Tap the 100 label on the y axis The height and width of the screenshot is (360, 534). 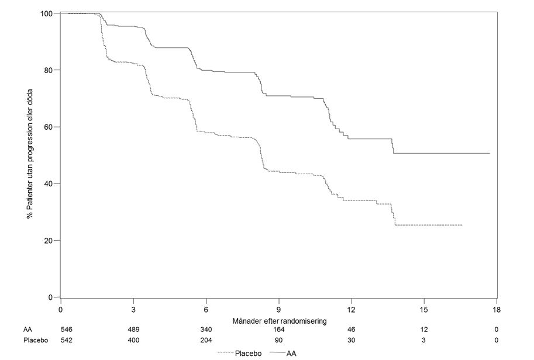click(x=46, y=13)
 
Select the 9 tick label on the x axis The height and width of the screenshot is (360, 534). click(x=279, y=310)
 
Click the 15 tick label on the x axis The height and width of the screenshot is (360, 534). click(x=424, y=310)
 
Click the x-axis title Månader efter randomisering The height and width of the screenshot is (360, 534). click(x=279, y=321)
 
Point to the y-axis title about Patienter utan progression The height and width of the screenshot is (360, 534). click(x=30, y=154)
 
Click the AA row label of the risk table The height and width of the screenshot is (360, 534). click(x=27, y=330)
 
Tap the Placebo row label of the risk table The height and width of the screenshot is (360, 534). click(x=36, y=340)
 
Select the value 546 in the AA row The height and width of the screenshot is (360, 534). click(x=67, y=330)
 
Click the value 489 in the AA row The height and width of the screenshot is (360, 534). click(x=133, y=330)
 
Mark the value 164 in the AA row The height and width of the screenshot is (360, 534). click(x=278, y=330)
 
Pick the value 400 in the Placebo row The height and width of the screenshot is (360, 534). click(x=133, y=340)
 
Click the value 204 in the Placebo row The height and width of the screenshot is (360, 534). click(x=206, y=340)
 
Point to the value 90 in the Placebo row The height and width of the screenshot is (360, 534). click(x=278, y=340)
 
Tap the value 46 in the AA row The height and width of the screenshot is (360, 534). click(x=351, y=330)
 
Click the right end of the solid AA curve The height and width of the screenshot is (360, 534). click(x=490, y=154)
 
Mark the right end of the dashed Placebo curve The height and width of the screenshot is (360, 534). click(x=462, y=225)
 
